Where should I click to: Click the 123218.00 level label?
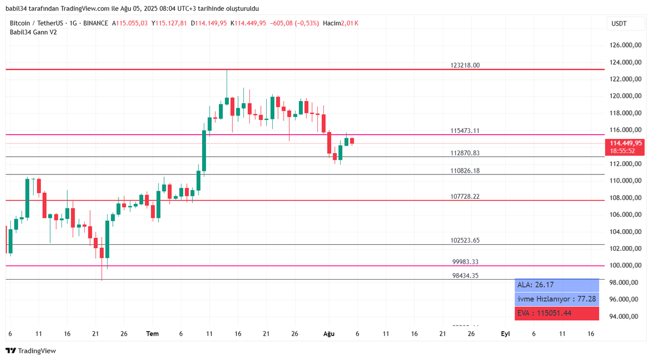[465, 65]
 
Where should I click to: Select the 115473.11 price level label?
[465, 131]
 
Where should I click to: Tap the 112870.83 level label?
[465, 153]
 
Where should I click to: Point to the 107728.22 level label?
[465, 197]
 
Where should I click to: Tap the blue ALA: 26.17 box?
[556, 285]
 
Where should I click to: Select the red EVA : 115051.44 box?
[556, 313]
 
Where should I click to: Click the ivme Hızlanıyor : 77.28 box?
[556, 299]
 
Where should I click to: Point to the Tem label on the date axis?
[153, 334]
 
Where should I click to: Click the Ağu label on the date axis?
[328, 334]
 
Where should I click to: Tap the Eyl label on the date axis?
[505, 334]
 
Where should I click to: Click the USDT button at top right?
[619, 23]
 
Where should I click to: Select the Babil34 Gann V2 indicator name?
[33, 32]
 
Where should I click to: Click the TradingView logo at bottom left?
[31, 351]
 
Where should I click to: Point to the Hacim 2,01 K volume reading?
[340, 23]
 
